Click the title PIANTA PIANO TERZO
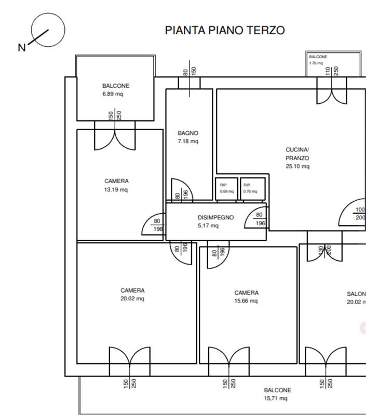224,30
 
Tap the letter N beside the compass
21,48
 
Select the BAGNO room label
188,133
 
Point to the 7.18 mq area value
188,141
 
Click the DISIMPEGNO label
216,217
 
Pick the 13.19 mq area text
116,189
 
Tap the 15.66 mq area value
246,301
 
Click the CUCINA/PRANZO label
297,154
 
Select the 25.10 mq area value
297,167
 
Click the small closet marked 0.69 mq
226,188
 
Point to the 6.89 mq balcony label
113,94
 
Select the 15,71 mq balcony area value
277,398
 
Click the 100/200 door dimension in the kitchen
360,214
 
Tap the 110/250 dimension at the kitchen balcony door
332,71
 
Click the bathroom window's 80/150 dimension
189,71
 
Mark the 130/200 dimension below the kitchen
324,252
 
